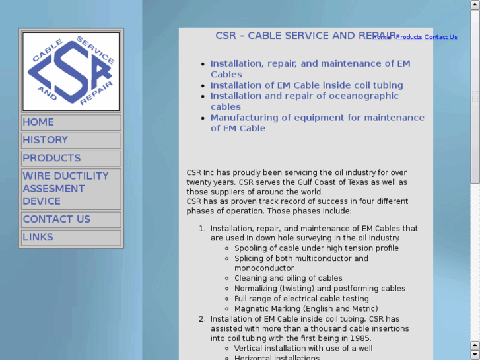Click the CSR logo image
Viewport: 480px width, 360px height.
[x=71, y=71]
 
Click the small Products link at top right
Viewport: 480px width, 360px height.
[x=409, y=37]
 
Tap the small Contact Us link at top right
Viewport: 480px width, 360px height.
[x=440, y=37]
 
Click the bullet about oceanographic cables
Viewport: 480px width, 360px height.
[x=304, y=101]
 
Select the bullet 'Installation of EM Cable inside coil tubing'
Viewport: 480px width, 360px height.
[x=306, y=85]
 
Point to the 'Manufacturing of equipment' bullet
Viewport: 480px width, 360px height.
[x=317, y=123]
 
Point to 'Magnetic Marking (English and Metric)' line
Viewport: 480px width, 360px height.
[x=306, y=308]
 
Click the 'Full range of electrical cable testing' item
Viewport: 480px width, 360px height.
[x=301, y=299]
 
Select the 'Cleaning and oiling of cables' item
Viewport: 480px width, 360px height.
[x=288, y=278]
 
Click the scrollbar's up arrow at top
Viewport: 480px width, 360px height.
[x=475, y=5]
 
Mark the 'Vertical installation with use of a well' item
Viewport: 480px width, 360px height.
[x=303, y=348]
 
